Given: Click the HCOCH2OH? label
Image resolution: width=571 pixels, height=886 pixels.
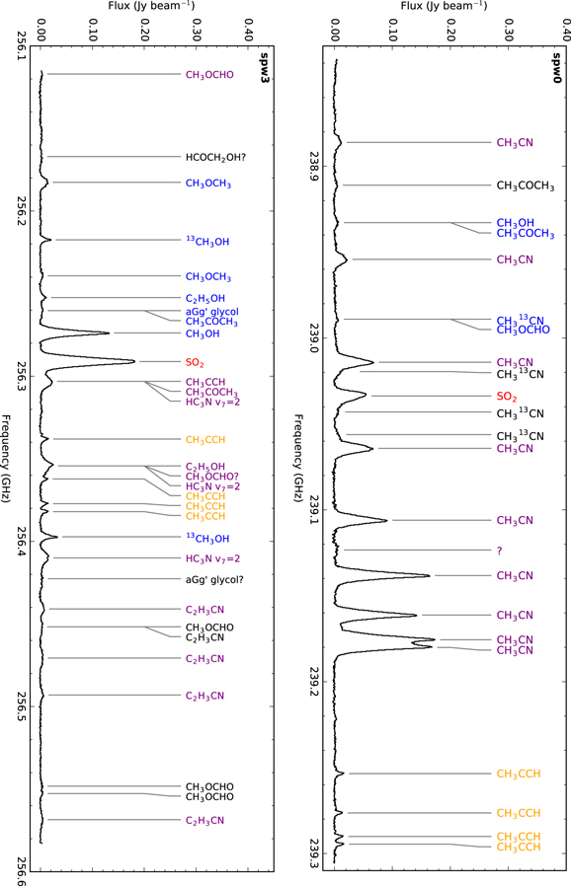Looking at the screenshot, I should click(x=215, y=157).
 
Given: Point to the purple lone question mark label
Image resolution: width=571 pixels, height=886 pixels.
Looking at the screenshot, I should click(x=500, y=550).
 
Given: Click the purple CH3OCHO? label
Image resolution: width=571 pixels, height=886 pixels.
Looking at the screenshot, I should click(x=212, y=477).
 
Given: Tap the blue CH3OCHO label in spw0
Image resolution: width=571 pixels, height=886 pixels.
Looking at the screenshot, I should click(x=523, y=330).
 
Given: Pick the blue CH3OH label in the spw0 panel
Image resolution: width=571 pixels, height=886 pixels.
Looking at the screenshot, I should click(x=516, y=222).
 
